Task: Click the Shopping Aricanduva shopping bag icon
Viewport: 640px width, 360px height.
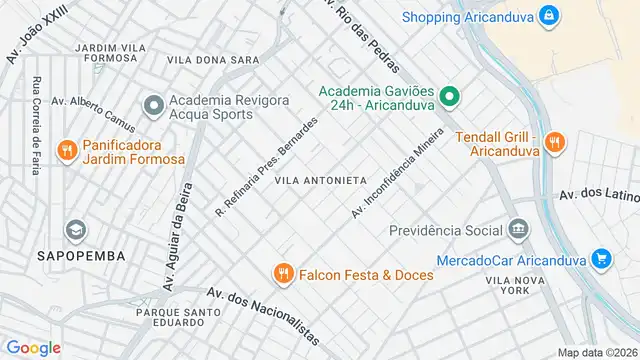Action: tap(548, 16)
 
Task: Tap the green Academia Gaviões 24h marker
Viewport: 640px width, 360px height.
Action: tap(449, 98)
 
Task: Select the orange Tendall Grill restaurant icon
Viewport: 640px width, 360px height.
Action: tap(557, 144)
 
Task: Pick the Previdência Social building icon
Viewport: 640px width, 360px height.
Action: tap(518, 230)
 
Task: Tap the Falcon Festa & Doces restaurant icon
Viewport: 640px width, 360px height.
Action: tap(284, 274)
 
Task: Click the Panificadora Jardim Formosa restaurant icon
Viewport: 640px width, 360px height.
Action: tap(67, 151)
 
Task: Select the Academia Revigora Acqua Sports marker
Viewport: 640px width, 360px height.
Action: tap(153, 105)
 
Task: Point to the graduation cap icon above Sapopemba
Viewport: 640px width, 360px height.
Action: tap(74, 230)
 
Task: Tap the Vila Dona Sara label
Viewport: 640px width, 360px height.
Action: tap(213, 61)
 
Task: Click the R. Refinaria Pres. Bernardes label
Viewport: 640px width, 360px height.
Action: tap(267, 166)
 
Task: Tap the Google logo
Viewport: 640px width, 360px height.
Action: tap(34, 347)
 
